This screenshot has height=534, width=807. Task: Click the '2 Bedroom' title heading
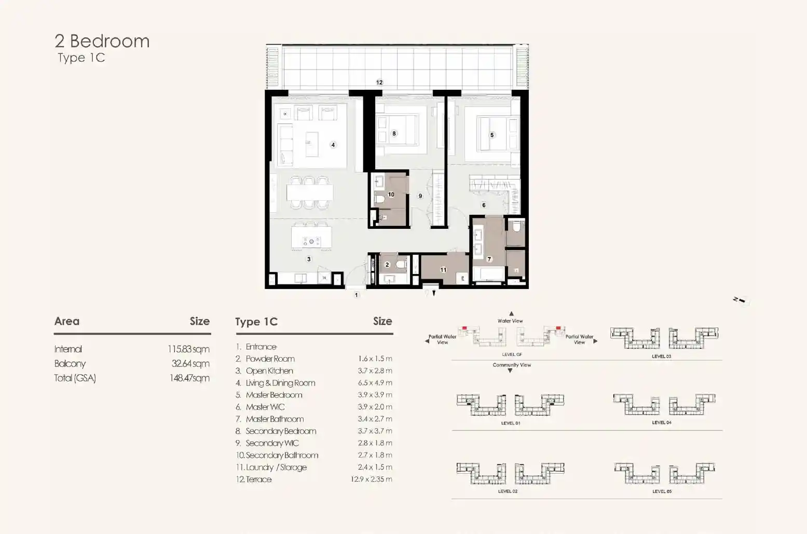tap(102, 41)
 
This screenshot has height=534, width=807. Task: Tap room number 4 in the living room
tap(333, 145)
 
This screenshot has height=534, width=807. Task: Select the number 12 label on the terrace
tap(379, 83)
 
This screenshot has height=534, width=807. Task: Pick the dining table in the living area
tap(310, 193)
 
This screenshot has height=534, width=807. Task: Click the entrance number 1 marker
tap(357, 295)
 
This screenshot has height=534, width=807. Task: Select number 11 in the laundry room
tap(443, 269)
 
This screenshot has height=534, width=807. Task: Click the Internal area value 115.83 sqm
tap(188, 349)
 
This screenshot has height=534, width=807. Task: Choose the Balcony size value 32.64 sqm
tap(190, 364)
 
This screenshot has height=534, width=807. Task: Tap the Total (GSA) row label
tap(75, 378)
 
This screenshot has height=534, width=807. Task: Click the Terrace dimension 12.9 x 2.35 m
tap(372, 479)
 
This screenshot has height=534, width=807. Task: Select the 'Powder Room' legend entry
tap(270, 359)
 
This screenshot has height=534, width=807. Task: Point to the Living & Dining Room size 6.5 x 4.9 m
tap(375, 382)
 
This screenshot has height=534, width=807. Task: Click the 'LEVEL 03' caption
tap(662, 357)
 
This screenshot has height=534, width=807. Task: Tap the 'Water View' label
tap(510, 321)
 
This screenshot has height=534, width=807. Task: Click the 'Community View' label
tap(512, 365)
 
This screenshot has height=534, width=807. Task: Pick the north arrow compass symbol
tap(741, 300)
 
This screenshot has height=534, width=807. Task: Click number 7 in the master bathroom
tap(489, 259)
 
